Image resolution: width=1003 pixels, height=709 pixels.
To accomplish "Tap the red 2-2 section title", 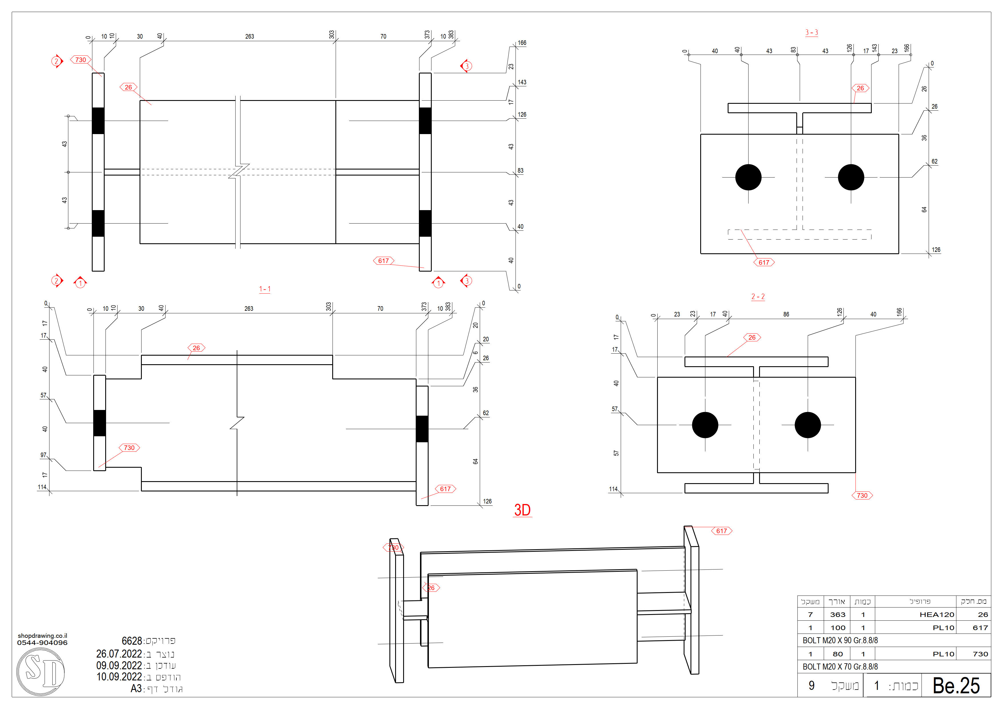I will [758, 297].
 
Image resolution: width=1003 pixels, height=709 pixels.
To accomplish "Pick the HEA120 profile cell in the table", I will [937, 615].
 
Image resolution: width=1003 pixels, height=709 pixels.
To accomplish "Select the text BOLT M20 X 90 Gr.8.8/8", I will [840, 640].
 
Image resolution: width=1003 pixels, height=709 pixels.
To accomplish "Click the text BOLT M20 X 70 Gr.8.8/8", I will [840, 667].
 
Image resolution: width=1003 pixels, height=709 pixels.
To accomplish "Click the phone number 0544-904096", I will [42, 643].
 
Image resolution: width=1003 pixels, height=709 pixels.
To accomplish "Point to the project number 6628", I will [132, 641].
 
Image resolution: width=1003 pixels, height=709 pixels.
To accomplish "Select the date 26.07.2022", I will [119, 654].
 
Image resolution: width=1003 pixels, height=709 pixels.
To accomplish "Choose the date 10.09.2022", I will [119, 677].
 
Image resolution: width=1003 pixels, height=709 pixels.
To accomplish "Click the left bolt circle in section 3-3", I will [748, 177].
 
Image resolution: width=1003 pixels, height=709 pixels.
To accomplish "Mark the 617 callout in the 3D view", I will [722, 531].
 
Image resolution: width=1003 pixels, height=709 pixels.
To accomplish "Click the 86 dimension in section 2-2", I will [786, 314].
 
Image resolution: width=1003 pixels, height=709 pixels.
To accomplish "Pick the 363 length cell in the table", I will [837, 615].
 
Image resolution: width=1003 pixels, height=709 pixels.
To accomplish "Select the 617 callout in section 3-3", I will [764, 262].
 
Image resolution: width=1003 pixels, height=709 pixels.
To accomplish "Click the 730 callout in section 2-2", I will [862, 495].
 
